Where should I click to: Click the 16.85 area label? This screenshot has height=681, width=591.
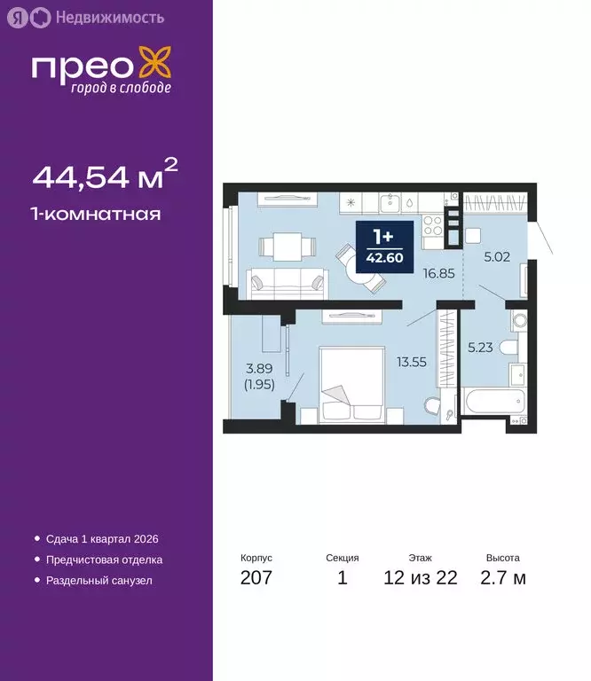(x=440, y=273)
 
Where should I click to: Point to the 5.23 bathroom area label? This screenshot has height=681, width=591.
(x=482, y=348)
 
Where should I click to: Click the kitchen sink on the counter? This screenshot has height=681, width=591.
(x=391, y=203)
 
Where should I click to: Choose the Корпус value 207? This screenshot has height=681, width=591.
(x=256, y=579)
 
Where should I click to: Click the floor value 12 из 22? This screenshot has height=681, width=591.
(x=421, y=579)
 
